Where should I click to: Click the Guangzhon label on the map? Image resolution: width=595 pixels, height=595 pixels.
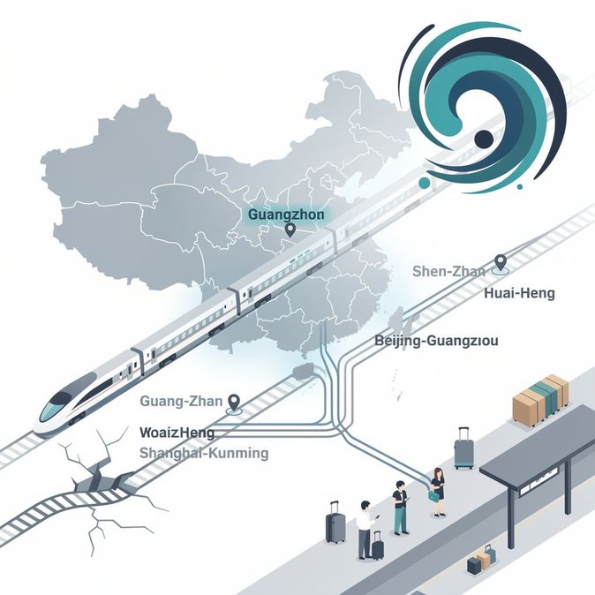coord(286,215)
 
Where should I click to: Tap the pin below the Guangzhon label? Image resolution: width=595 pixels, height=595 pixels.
coord(290,230)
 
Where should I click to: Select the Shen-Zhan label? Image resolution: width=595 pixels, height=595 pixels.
coord(448,271)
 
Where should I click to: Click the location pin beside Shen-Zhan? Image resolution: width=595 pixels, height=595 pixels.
coord(501,263)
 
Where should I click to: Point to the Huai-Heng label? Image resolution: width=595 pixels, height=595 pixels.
coord(519,293)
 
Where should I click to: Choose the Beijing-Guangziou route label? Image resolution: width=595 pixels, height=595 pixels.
coord(436,341)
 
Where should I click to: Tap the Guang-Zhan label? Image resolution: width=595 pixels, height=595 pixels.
coord(181,401)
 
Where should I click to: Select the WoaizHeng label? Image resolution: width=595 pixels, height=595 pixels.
coord(177,433)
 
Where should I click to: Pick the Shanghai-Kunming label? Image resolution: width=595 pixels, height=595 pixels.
coord(204,453)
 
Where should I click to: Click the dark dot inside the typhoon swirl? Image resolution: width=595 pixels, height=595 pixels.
coord(484,139)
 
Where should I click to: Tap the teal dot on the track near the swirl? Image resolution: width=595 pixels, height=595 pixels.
coord(425,183)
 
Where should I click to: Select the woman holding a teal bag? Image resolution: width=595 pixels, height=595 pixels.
coord(438,492)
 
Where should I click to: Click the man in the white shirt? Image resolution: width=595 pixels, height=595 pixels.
coord(366,530)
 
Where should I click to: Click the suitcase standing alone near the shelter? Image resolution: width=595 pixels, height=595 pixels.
coord(463,448)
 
